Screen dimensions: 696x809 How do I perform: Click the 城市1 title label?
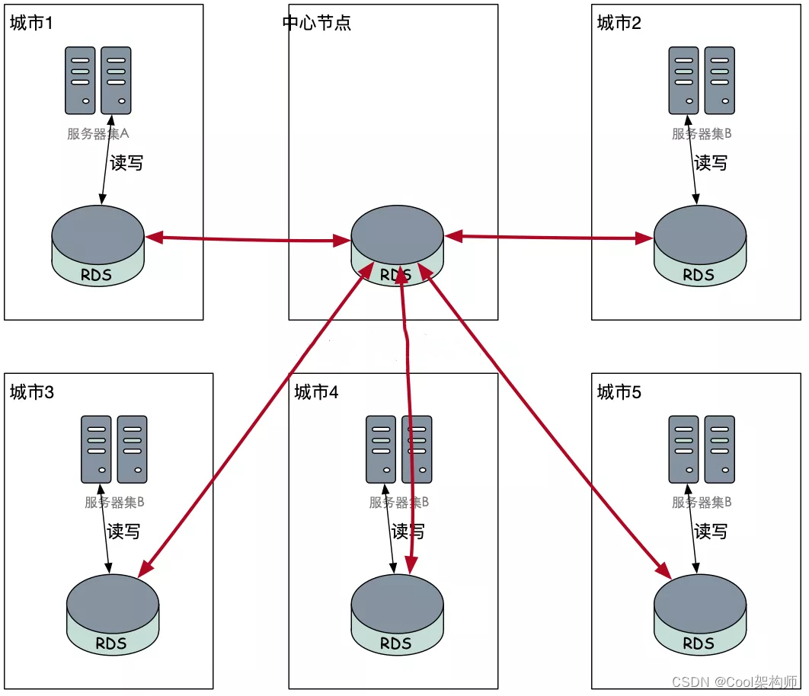coord(31,23)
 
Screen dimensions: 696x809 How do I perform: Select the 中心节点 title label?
coord(317,23)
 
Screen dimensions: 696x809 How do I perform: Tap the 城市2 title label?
coord(619,23)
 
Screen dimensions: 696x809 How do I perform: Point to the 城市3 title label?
coord(31,392)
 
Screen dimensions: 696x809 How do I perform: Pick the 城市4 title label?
coord(316,392)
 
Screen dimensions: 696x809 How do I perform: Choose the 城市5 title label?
coord(619,392)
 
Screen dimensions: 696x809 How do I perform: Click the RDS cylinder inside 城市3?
coord(112,614)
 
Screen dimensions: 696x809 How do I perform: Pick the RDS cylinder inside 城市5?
coord(700,614)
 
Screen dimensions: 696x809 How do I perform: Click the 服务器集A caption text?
coord(98,134)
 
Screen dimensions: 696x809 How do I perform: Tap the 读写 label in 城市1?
coord(126,163)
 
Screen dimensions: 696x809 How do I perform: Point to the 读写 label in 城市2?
coord(711,163)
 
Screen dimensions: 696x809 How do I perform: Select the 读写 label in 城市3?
coord(123,532)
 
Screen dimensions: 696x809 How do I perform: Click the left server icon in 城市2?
coord(683,80)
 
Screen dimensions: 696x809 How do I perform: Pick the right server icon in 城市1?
coord(116,80)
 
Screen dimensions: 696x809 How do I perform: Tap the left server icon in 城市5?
coord(683,449)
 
